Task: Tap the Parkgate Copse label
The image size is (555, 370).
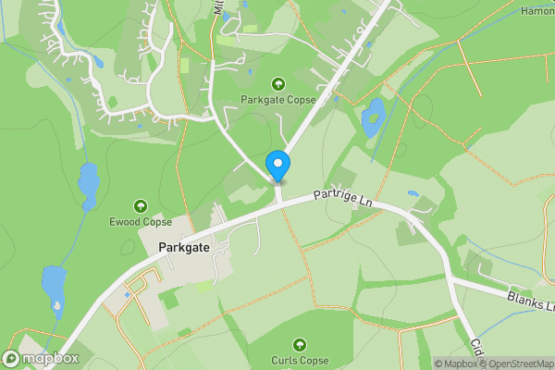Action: pos(278,100)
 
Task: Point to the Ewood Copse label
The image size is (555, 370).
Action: pos(141,222)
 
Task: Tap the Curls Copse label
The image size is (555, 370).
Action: pos(300,360)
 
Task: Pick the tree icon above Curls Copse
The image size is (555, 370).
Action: pos(300,344)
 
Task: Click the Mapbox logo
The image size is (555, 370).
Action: pos(41,358)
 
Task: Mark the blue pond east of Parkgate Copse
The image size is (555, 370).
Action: pos(374,117)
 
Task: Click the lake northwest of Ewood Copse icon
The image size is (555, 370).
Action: pos(88,185)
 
